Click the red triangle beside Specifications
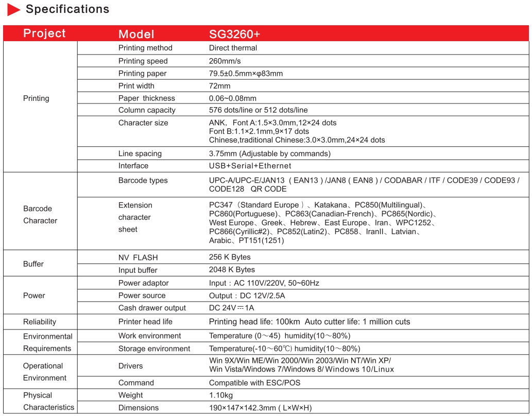click(14, 9)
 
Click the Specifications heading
click(67, 9)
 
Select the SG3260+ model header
click(234, 34)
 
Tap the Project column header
click(44, 33)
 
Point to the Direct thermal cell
click(233, 48)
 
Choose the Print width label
click(136, 86)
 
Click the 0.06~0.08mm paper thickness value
click(232, 98)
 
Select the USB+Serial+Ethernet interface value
click(250, 166)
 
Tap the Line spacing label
click(140, 153)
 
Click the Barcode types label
click(143, 180)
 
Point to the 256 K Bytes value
click(230, 257)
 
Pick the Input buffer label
click(138, 270)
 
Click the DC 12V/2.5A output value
click(247, 295)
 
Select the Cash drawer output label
click(152, 308)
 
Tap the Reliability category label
click(40, 322)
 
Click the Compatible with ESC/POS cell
click(254, 383)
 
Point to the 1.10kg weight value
click(221, 395)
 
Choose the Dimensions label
click(138, 408)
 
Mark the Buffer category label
click(33, 264)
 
